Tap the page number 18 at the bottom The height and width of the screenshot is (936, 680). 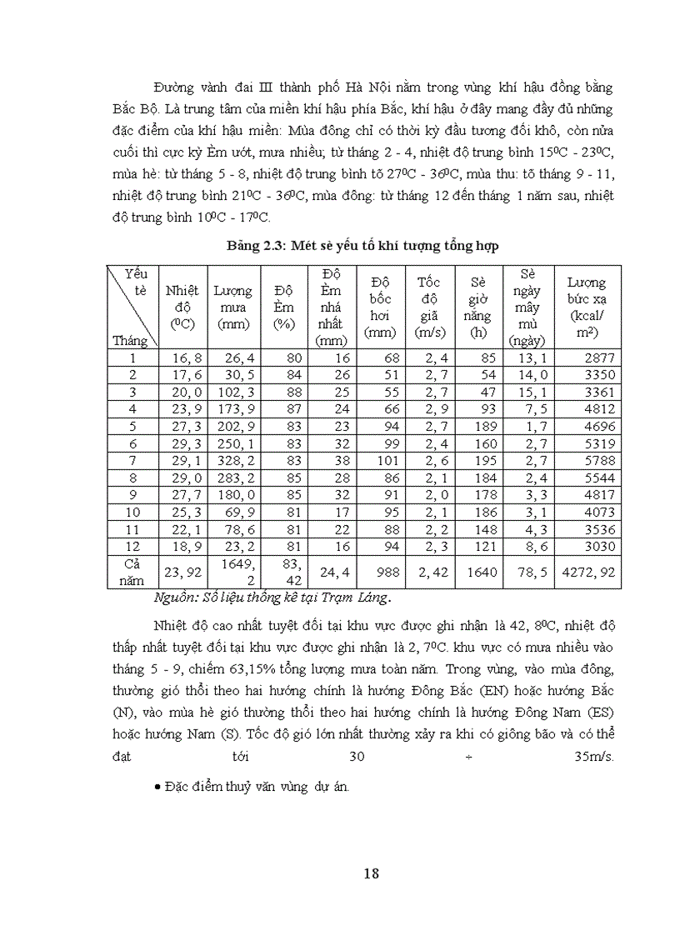[372, 873]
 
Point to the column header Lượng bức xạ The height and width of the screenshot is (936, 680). [587, 307]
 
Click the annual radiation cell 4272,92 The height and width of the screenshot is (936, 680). [588, 573]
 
